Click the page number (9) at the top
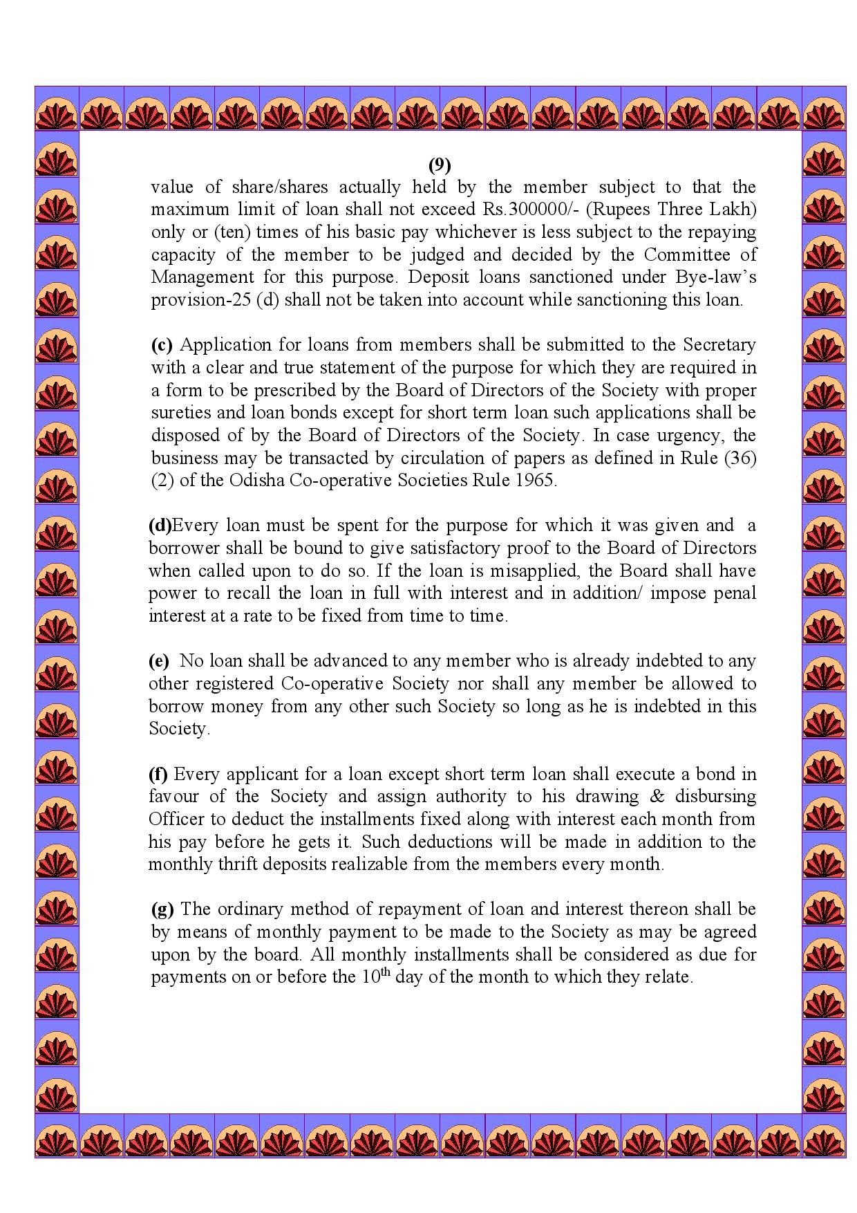(440, 165)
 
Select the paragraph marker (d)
(160, 526)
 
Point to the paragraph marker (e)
(159, 661)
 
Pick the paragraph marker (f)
(158, 774)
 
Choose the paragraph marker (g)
(162, 909)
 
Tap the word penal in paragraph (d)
(734, 593)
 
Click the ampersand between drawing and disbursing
(657, 796)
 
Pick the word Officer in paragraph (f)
(176, 819)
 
